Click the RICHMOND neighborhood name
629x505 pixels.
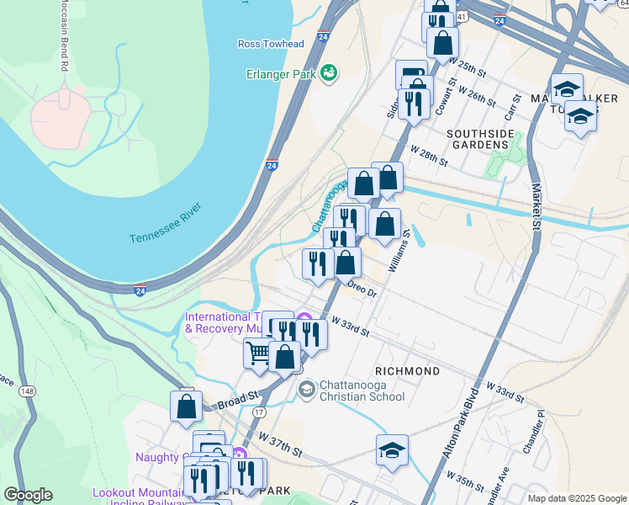coord(407,371)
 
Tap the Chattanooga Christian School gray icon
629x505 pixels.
coord(307,389)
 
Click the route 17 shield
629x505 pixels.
coord(260,412)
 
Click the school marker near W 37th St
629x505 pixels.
coord(392,450)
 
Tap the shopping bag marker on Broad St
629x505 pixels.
coord(186,406)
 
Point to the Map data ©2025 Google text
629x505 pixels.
coord(576,498)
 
